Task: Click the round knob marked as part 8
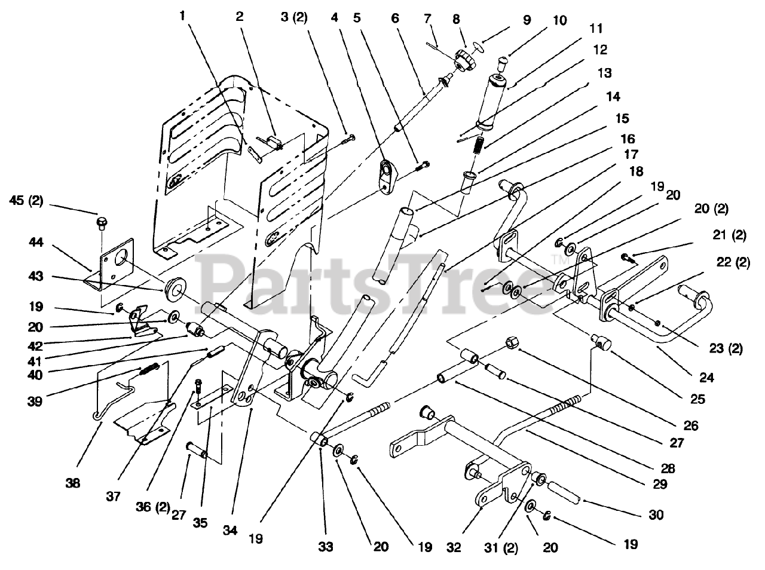point(464,60)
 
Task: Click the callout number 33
point(326,546)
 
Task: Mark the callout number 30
point(656,514)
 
